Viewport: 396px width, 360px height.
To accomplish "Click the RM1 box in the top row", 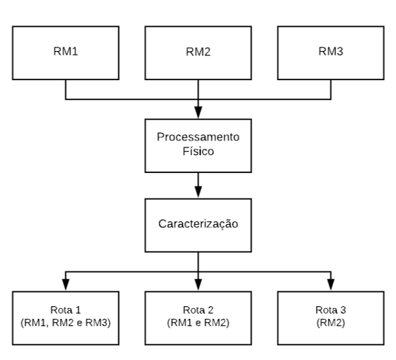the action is pos(66,53).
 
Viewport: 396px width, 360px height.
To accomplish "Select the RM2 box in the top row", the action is pos(198,53).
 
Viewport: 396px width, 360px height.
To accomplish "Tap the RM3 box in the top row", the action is pos(331,53).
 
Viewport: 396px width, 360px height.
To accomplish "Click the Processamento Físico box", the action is pos(198,146).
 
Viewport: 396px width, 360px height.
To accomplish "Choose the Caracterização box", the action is pos(198,225).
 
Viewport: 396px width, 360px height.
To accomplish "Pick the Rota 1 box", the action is pos(66,318).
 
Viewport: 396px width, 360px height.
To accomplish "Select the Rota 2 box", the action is pos(198,318).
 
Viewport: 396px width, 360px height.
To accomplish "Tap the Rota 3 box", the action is pos(331,318).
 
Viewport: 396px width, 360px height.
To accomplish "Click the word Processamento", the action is pos(198,137).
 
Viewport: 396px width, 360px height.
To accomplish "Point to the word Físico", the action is pos(198,152).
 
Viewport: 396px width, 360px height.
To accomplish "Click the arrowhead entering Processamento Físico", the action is pos(198,112).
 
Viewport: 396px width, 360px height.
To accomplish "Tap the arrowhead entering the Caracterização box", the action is pos(198,192).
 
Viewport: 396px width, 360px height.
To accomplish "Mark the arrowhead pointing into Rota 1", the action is pos(66,285).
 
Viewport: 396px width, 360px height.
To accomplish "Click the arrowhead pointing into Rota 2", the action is pos(198,285).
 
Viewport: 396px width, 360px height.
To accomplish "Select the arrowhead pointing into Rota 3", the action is pos(331,285).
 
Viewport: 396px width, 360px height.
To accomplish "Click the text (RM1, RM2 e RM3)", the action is pos(66,323).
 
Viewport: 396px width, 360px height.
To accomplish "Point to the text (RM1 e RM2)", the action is pos(198,323).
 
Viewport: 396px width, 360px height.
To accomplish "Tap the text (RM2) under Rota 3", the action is pos(331,323).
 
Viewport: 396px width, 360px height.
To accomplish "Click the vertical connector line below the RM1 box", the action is pos(66,90).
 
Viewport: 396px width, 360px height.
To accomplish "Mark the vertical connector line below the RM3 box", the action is pos(331,90).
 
